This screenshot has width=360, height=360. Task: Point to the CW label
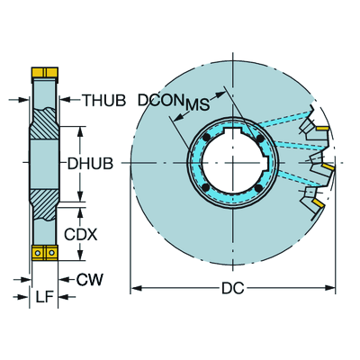[x=89, y=281]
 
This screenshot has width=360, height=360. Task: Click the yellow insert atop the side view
[x=42, y=70]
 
